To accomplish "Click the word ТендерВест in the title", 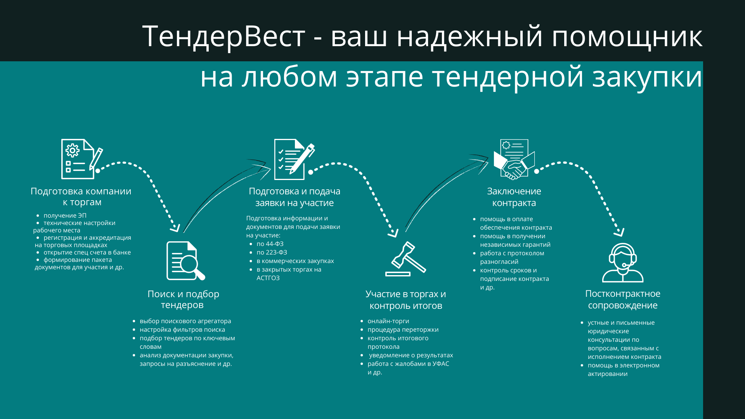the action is pos(223,36).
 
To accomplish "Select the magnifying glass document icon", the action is pos(185,261).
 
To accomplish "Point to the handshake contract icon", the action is pos(514,159).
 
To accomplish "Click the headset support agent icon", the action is pos(623,263).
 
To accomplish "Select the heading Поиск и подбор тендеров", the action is pos(183,299).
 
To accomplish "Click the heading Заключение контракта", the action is pos(514,197).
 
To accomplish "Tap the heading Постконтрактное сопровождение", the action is pos(622,299).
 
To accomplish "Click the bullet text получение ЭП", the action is pos(65,215).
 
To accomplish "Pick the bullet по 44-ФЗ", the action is pos(270,244).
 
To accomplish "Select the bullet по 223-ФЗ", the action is pos(272,252).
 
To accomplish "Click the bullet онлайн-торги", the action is pos(388,321).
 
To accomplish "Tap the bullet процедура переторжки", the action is pos(403,329).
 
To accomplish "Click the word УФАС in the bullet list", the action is pos(440,364).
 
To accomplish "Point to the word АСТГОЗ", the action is pos(268,278).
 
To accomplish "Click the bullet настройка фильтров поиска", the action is pos(182,329).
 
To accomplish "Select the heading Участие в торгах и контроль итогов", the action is pos(405,300).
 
